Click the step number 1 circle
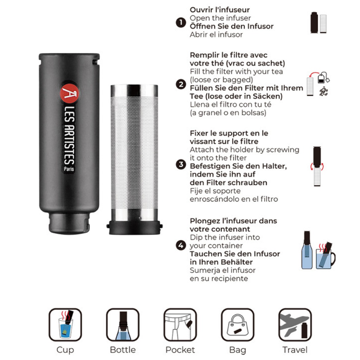(x=181, y=22)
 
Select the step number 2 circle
(x=181, y=84)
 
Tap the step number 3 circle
(x=181, y=165)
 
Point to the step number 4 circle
(x=181, y=245)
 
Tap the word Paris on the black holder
(x=69, y=169)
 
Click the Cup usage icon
(x=65, y=324)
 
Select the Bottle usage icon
(x=123, y=324)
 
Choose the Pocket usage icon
(x=180, y=324)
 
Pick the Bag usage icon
(x=237, y=324)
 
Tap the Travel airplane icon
(x=295, y=324)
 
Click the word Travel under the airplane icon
(x=295, y=350)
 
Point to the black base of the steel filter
(x=135, y=227)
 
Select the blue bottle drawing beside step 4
(x=307, y=250)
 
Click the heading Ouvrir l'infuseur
(x=220, y=9)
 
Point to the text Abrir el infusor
(x=216, y=34)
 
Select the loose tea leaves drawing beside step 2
(x=324, y=91)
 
